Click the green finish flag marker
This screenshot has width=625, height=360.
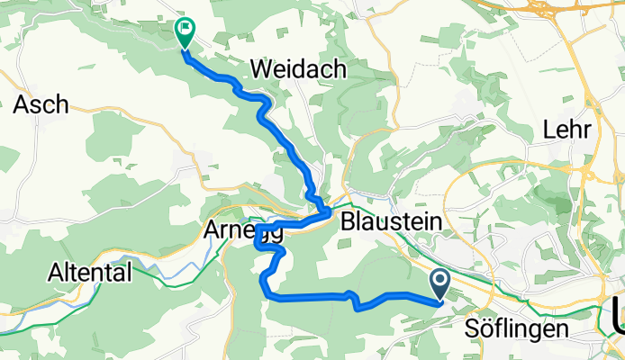pos(185,33)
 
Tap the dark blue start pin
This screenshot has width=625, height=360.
pos(440,285)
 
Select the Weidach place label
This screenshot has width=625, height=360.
pos(296,68)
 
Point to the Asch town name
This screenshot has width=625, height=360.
pos(41,104)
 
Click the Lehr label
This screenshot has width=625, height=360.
pos(566,130)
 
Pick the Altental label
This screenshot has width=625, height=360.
pos(90,272)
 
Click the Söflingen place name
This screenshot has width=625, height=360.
pos(517,329)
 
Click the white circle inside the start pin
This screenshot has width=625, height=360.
pos(440,282)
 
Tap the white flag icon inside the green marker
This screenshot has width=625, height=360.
pos(185,30)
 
